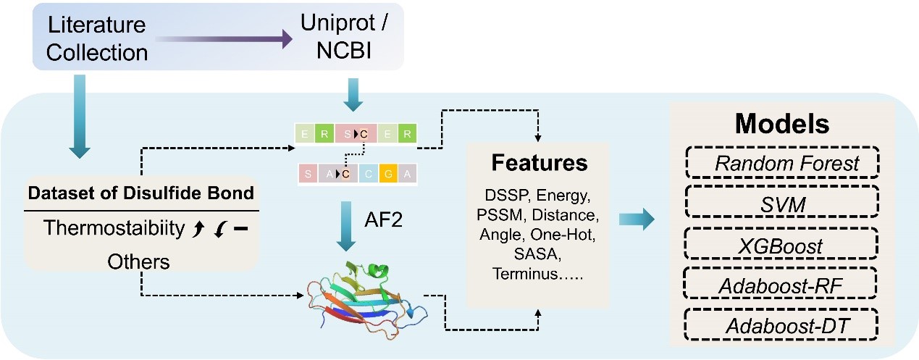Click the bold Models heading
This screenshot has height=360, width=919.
[x=783, y=124]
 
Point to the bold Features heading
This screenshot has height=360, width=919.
[x=539, y=162]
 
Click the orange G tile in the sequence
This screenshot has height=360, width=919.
[x=390, y=173]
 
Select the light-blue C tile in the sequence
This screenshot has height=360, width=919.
[x=368, y=173]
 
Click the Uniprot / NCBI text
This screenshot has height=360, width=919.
[x=340, y=38]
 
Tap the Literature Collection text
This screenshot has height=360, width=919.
[x=98, y=38]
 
